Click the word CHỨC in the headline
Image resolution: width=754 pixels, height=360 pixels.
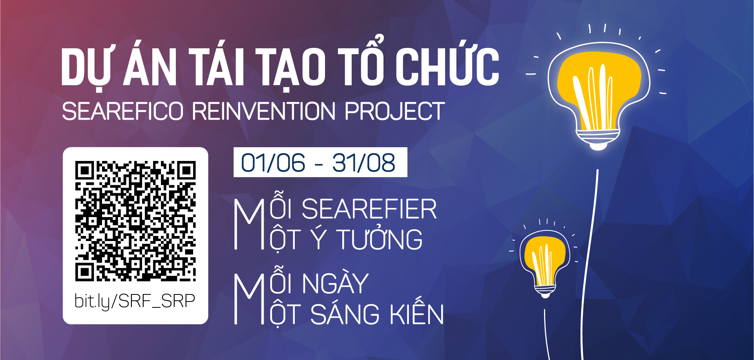click(447, 63)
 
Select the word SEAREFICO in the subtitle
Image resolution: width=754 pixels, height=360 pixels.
click(123, 111)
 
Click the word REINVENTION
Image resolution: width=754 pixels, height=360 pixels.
click(263, 111)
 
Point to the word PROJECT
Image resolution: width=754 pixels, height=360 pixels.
click(394, 111)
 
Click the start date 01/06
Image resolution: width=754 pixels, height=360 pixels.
click(273, 163)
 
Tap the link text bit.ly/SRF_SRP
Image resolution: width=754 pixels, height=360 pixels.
click(135, 301)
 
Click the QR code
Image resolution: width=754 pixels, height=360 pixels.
click(135, 221)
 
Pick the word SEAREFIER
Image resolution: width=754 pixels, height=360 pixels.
click(369, 209)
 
